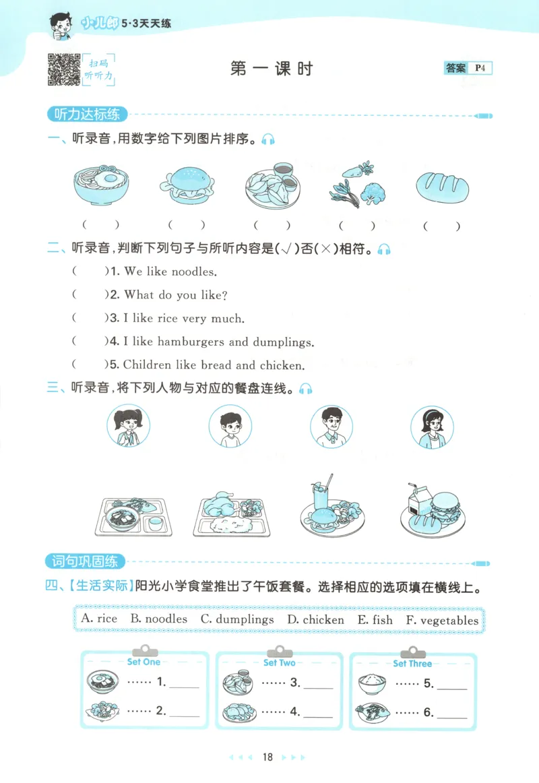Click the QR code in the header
pos(63,69)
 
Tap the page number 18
pos(268,758)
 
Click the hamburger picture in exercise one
pos(187,186)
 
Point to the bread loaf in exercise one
pos(442,185)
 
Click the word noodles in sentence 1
pos(193,272)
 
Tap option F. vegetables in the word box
pos(442,619)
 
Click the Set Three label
pos(412,663)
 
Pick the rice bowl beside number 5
pos(372,683)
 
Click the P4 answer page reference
pos(480,67)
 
